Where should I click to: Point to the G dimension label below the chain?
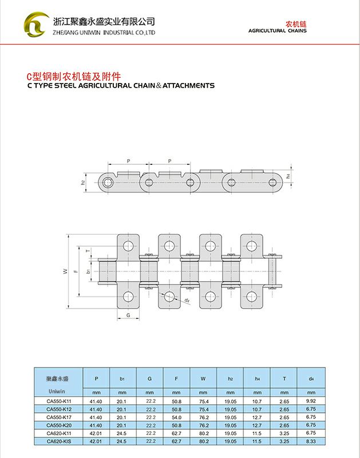128,315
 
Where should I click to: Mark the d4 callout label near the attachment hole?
187,300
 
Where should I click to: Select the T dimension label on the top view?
88,251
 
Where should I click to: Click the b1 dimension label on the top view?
88,271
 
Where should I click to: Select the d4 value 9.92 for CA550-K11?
311,401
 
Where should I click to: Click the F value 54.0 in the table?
176,417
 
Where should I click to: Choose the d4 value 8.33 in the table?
311,441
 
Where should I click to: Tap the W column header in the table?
203,378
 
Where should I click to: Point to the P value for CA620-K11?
96,433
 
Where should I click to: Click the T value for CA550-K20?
284,425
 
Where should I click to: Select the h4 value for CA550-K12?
257,409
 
